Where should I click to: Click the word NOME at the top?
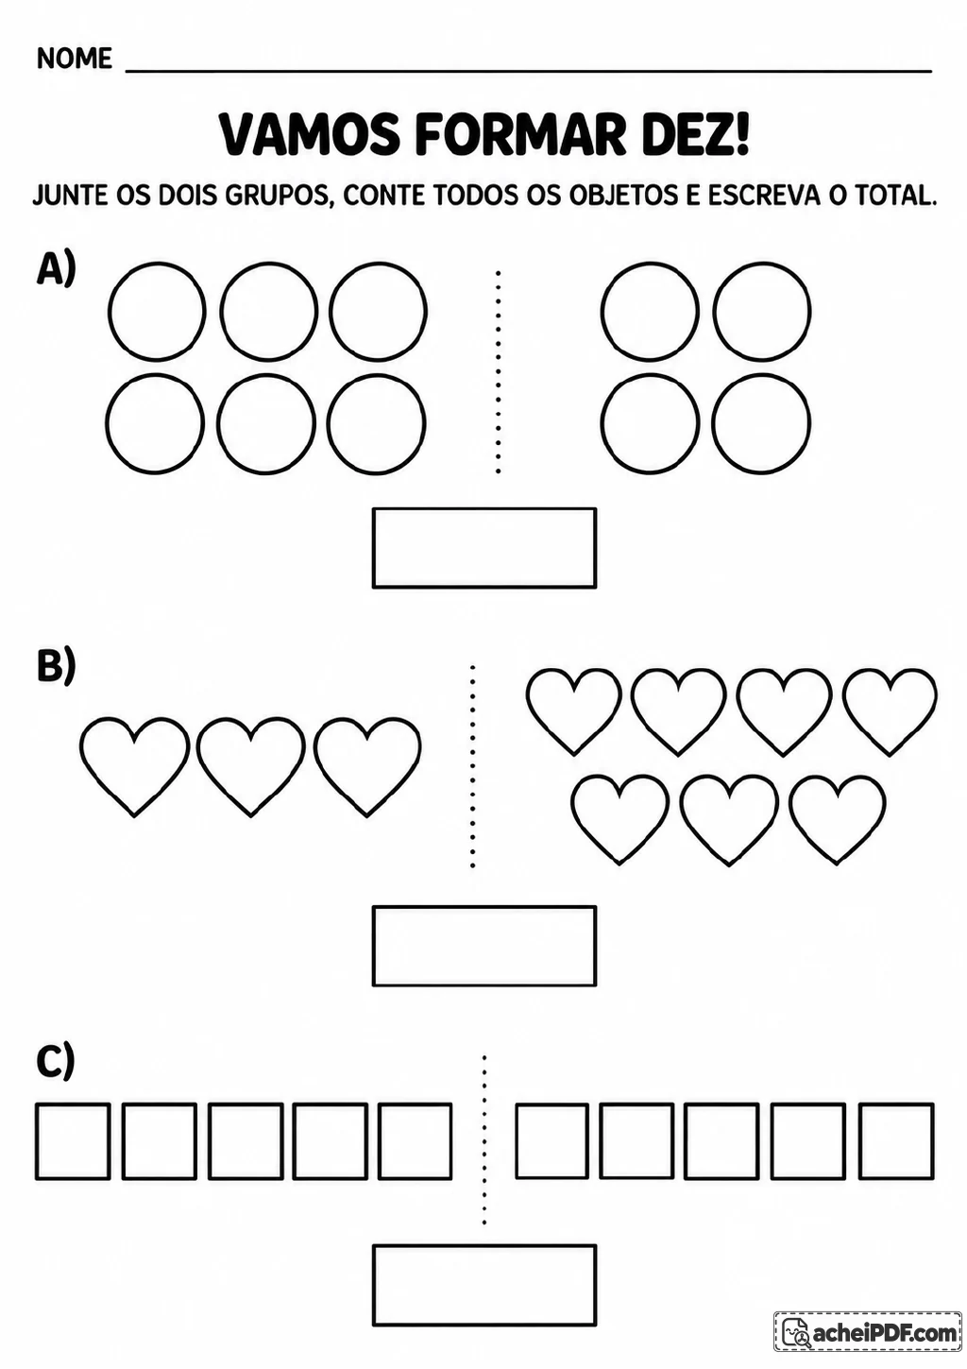click(75, 59)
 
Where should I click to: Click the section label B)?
click(57, 665)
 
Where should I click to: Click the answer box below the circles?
click(484, 548)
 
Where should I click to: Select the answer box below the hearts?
click(484, 946)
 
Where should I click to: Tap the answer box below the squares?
click(484, 1285)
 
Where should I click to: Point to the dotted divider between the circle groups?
click(499, 371)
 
